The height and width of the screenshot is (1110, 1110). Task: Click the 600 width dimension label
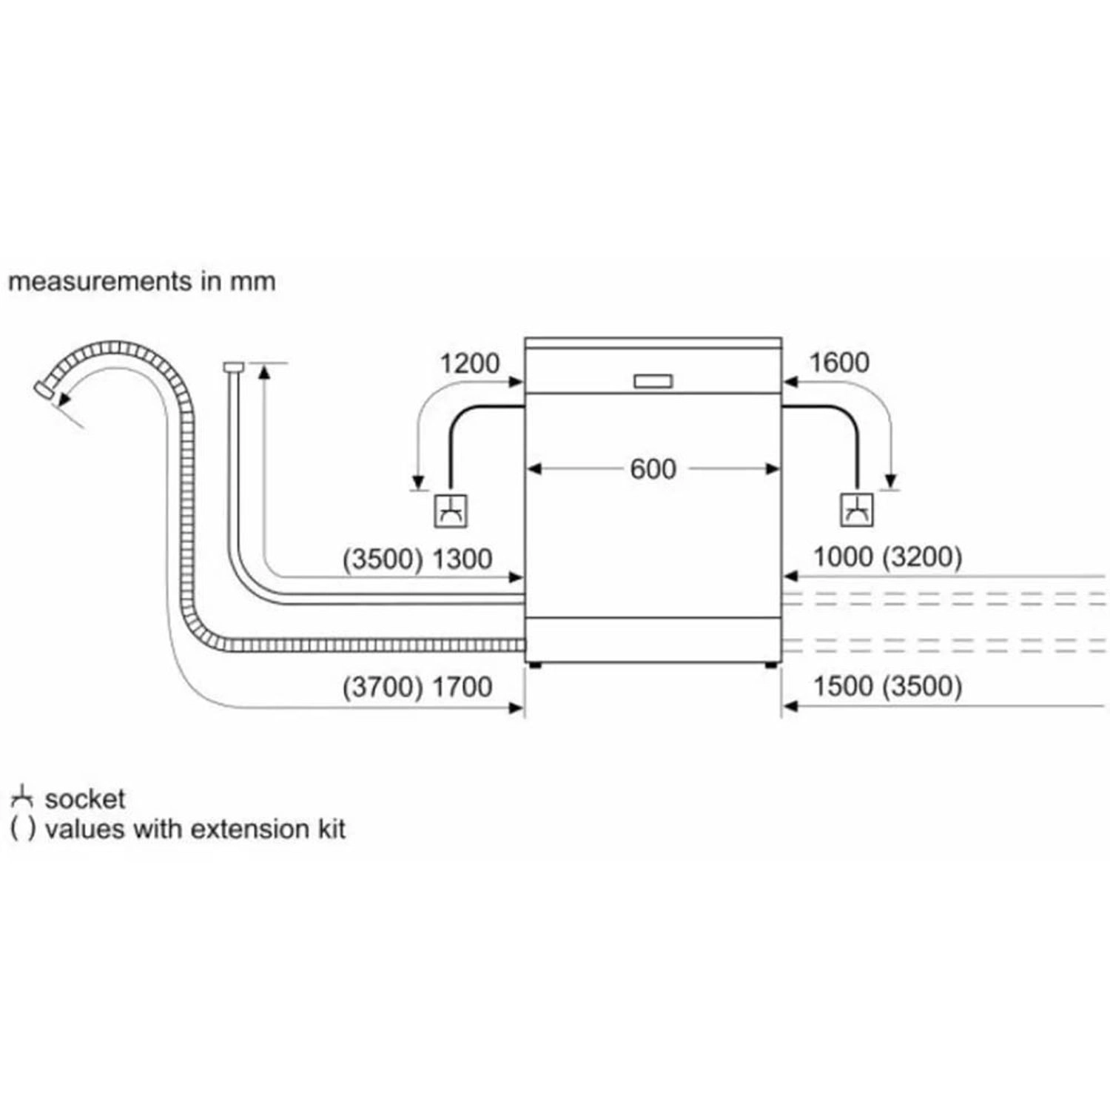(x=653, y=469)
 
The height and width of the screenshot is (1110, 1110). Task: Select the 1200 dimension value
(x=470, y=363)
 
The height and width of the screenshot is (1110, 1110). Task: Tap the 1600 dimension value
(x=839, y=363)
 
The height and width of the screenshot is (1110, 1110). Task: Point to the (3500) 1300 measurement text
(x=417, y=559)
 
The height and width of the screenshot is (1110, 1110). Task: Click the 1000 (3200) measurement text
(x=887, y=556)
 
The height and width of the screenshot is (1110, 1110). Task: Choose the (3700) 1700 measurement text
(x=417, y=687)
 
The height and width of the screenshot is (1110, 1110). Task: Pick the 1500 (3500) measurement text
(x=887, y=686)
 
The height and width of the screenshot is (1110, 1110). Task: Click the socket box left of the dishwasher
(x=451, y=510)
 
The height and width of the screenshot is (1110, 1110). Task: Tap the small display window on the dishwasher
(x=653, y=382)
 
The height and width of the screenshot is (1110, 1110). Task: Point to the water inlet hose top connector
(x=234, y=366)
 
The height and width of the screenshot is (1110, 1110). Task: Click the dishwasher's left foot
(x=534, y=665)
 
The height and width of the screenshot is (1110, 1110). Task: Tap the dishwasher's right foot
(x=771, y=665)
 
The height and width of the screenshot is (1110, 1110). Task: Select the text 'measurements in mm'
(x=141, y=281)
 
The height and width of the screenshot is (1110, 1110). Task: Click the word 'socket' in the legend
(x=85, y=799)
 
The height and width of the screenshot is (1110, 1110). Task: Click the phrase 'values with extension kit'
(x=195, y=829)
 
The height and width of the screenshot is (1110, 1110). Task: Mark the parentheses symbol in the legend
(x=23, y=829)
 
